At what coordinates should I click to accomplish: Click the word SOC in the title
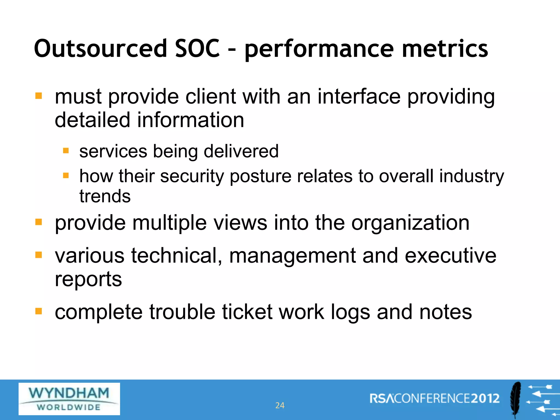click(x=197, y=48)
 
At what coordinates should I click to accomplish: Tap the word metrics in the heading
click(x=445, y=48)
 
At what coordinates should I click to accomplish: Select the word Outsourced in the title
click(x=100, y=48)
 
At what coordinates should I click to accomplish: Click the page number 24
click(x=280, y=405)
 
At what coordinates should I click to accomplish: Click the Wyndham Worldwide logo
click(x=69, y=399)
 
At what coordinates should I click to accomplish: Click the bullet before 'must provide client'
click(x=39, y=96)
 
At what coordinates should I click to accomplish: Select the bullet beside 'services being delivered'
click(x=66, y=151)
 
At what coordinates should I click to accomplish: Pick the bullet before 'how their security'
click(x=66, y=175)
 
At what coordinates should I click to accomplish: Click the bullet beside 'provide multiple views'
click(x=39, y=222)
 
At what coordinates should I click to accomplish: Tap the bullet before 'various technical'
click(x=39, y=255)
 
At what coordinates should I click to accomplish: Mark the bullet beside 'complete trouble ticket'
click(x=39, y=311)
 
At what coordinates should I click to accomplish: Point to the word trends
click(x=105, y=196)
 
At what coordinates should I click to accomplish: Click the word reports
click(x=88, y=279)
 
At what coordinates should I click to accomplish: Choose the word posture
click(x=260, y=176)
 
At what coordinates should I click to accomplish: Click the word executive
click(x=450, y=255)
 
